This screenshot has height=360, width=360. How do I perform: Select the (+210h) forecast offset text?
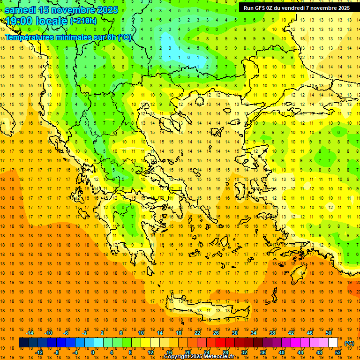(83, 21)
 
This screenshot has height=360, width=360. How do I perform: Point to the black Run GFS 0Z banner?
(297, 8)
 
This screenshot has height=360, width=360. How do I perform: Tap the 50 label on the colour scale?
(329, 333)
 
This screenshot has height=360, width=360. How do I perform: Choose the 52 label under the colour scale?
(338, 352)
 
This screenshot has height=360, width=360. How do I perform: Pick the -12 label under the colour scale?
(39, 352)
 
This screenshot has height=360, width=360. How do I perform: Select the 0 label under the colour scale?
(92, 352)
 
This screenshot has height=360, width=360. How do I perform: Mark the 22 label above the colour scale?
(197, 333)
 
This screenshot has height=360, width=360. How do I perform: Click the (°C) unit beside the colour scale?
(349, 343)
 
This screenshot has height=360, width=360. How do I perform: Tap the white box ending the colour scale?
(333, 343)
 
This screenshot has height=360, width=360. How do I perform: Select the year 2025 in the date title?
(107, 10)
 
